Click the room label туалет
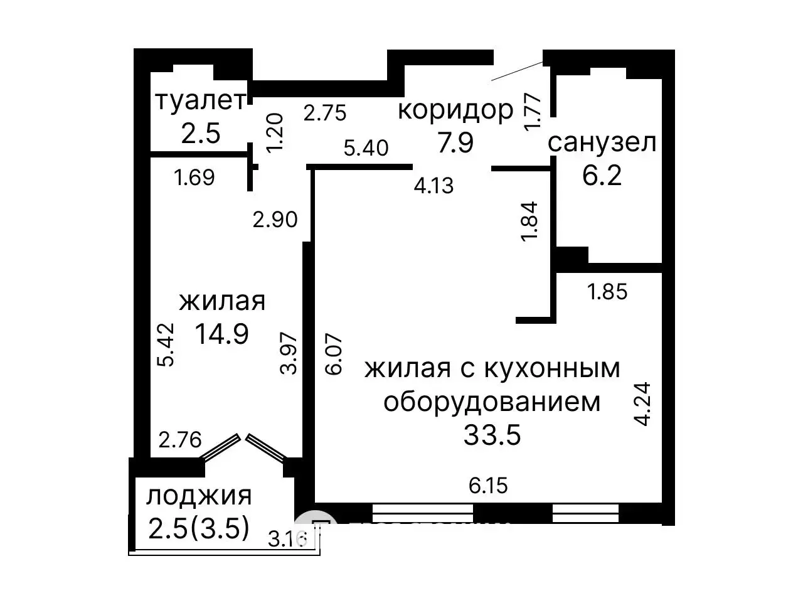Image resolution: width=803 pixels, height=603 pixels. coord(199,101)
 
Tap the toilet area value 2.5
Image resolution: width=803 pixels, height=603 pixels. coord(200,132)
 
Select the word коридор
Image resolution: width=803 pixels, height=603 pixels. coord(455,110)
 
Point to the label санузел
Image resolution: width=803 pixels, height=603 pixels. coord(602,143)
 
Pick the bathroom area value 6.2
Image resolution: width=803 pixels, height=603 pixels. coord(602,175)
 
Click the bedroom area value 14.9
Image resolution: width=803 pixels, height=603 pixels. coord(221,333)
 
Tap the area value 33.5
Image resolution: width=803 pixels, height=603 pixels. coord(492,434)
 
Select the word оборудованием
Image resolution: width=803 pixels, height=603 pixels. coord(492,402)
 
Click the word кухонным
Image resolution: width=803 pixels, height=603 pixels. coord(551,368)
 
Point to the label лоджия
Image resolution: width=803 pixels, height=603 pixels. coord(199,496)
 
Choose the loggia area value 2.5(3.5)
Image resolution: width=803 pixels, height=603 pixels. coord(199,528)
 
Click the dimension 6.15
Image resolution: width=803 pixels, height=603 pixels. coord(488,485)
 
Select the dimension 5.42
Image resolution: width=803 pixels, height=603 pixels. coord(166,344)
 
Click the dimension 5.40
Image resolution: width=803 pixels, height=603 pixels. coord(366,149)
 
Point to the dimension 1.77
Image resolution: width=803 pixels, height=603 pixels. coord(533,112)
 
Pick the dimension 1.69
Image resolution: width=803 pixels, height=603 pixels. coord(194,178)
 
